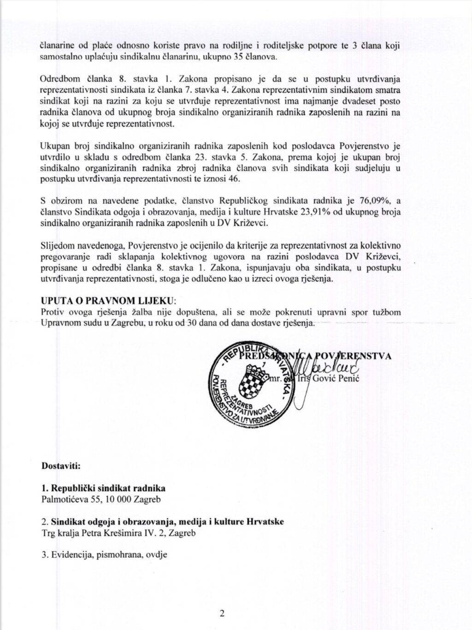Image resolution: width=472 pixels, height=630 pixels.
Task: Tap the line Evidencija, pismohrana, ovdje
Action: point(104,554)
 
